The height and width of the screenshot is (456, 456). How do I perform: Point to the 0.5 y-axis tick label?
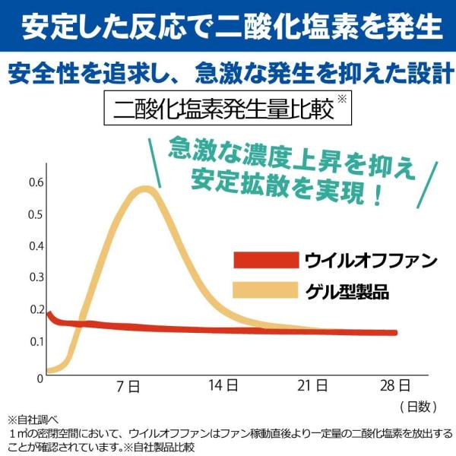click(x=35, y=214)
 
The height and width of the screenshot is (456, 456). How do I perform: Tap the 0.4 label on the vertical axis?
click(x=35, y=246)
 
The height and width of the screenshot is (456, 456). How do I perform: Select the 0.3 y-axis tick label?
click(x=35, y=278)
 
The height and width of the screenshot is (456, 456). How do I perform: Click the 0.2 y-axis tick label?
click(x=35, y=309)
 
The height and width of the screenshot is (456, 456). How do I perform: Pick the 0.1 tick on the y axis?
click(x=35, y=341)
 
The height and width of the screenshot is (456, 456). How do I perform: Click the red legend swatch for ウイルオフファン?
click(x=265, y=261)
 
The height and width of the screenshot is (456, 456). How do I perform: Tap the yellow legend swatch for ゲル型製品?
click(x=265, y=290)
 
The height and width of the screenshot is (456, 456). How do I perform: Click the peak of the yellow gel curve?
click(x=143, y=189)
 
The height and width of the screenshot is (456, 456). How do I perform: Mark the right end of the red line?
click(x=395, y=332)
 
